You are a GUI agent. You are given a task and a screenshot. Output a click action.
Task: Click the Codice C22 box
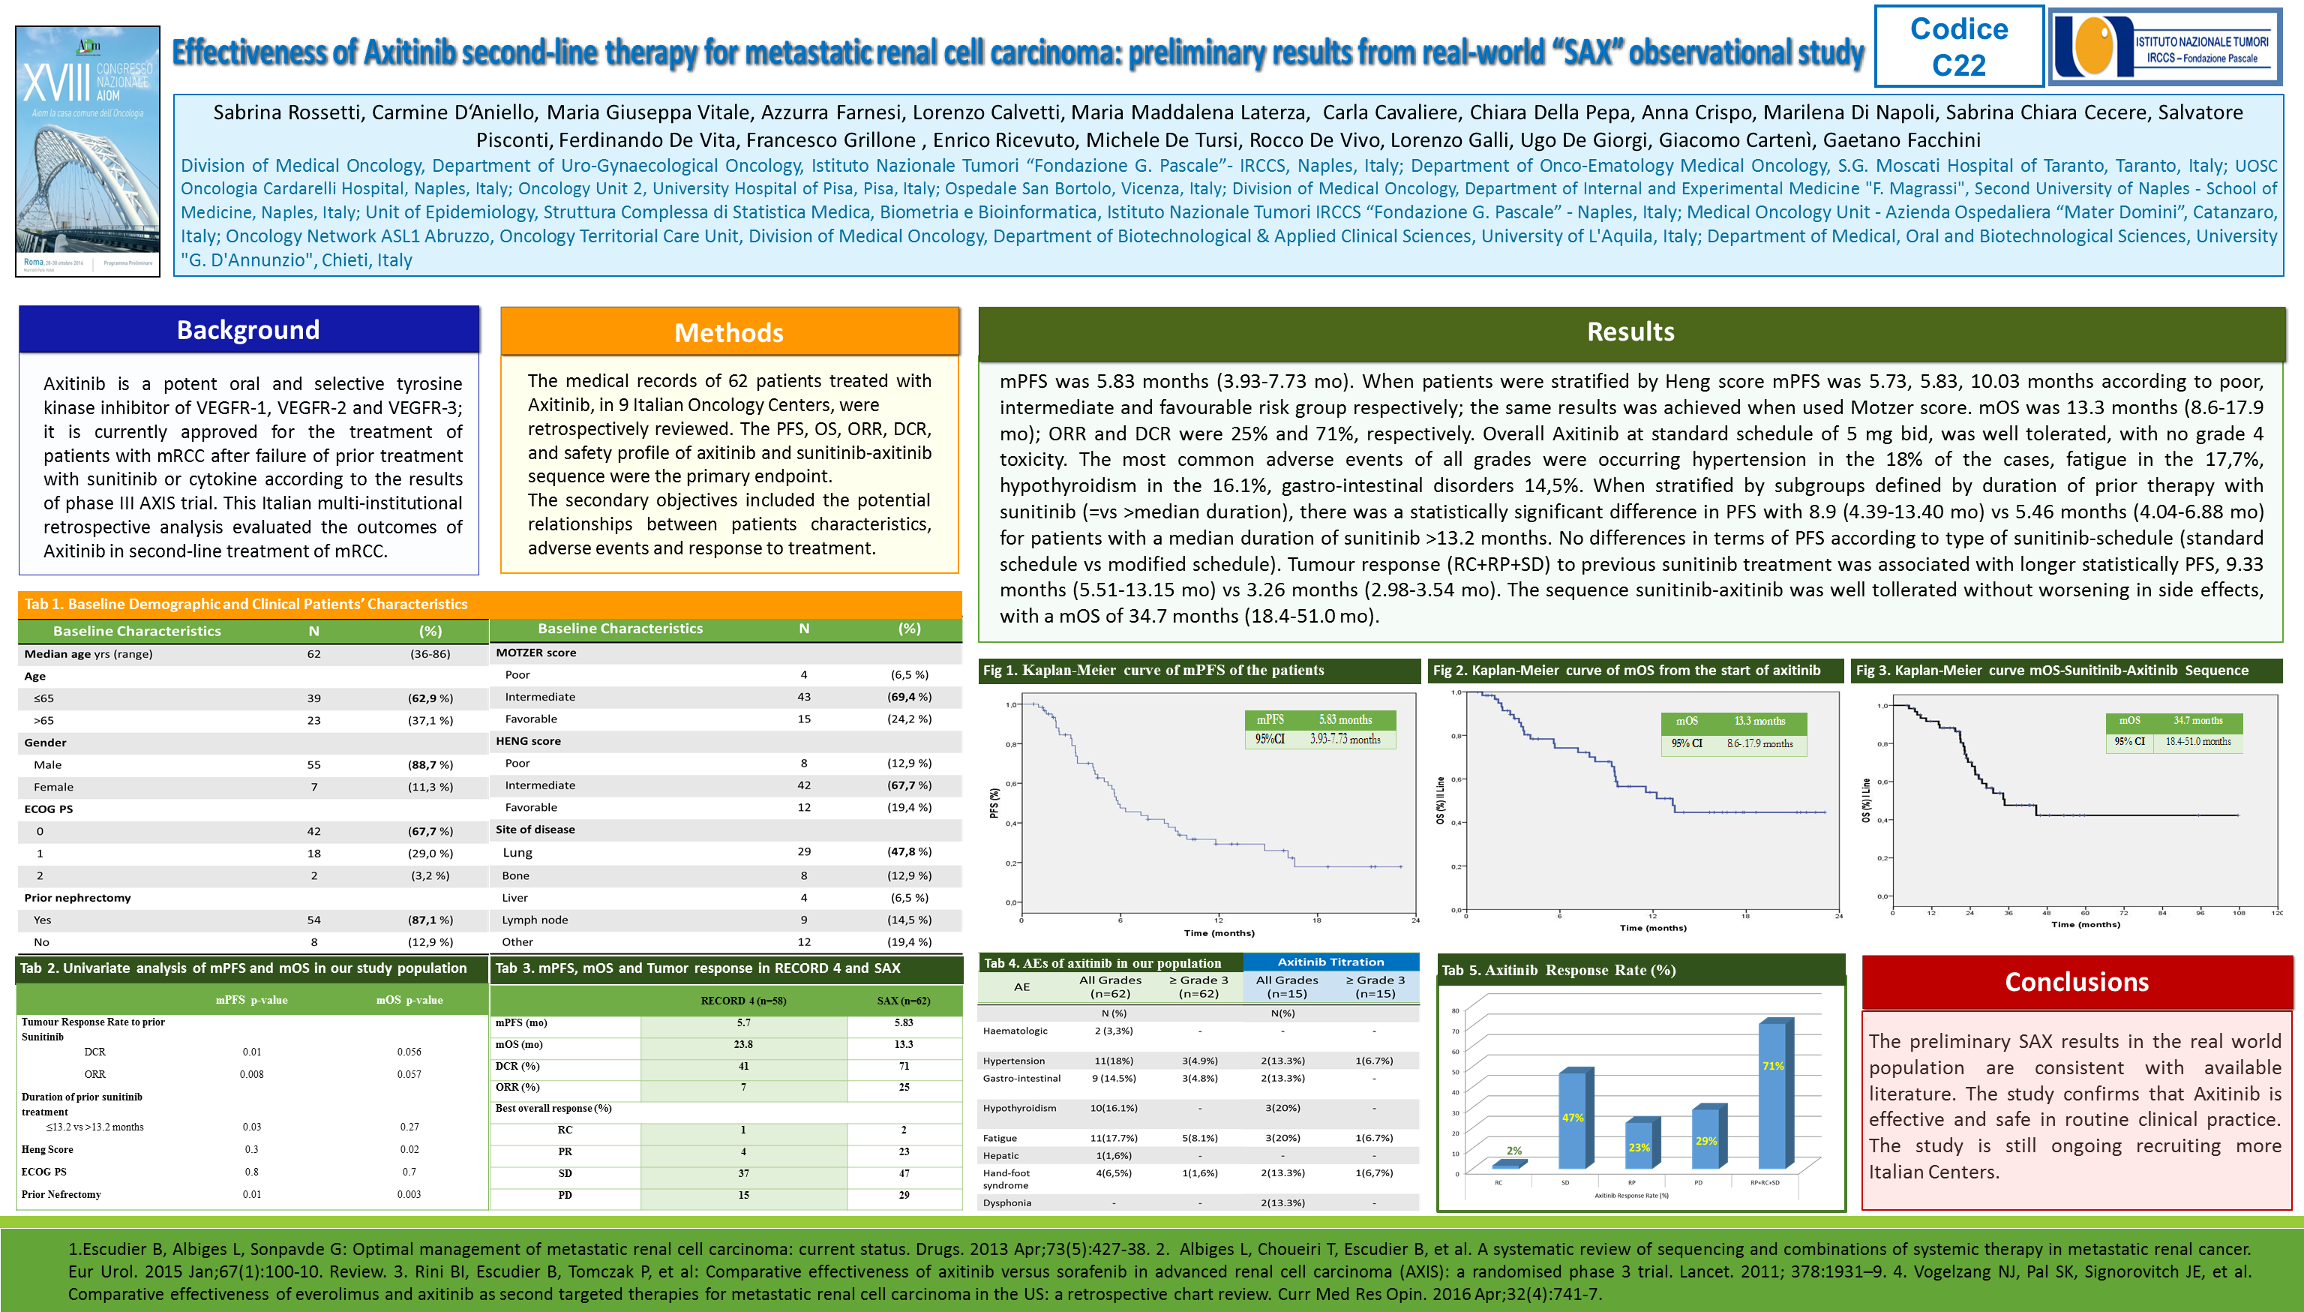point(1958,47)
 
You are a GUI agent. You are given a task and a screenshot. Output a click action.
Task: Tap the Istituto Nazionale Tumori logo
point(2165,47)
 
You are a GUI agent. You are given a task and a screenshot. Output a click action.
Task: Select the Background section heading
point(248,330)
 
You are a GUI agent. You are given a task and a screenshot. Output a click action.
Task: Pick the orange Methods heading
point(729,332)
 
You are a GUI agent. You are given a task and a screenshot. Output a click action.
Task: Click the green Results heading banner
point(1630,332)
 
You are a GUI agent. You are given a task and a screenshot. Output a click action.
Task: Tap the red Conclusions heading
point(2076,982)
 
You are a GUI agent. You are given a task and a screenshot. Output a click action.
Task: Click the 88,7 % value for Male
point(430,765)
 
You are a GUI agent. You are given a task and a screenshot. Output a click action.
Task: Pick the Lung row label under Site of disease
point(518,852)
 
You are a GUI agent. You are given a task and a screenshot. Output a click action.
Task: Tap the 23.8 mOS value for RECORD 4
point(743,1044)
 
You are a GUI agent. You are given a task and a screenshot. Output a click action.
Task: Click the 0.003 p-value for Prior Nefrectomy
point(409,1195)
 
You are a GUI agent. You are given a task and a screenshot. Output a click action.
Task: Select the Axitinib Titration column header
point(1330,962)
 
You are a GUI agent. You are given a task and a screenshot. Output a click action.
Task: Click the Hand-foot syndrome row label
point(1006,1178)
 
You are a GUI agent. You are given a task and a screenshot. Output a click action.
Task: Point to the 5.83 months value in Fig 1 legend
point(1345,720)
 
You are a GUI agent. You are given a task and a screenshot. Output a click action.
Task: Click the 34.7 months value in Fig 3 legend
point(2197,721)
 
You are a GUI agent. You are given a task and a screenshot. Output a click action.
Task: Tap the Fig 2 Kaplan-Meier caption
point(1627,671)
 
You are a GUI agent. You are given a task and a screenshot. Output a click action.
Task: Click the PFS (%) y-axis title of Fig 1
point(994,802)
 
